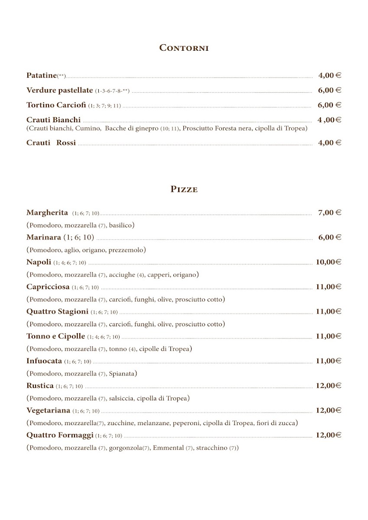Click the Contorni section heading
(x=184, y=48)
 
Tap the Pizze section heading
(x=184, y=189)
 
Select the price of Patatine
(x=329, y=75)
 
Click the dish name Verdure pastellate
(x=59, y=90)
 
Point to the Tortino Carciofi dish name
(x=56, y=105)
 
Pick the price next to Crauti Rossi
(x=329, y=143)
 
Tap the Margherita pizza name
(x=47, y=212)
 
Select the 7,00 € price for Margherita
(x=329, y=212)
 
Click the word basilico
(x=121, y=225)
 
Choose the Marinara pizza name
(x=44, y=237)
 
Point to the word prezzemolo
(x=126, y=250)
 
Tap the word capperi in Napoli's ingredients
(x=161, y=275)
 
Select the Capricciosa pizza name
(x=48, y=286)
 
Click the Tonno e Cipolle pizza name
(x=55, y=336)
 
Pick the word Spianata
(x=122, y=374)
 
